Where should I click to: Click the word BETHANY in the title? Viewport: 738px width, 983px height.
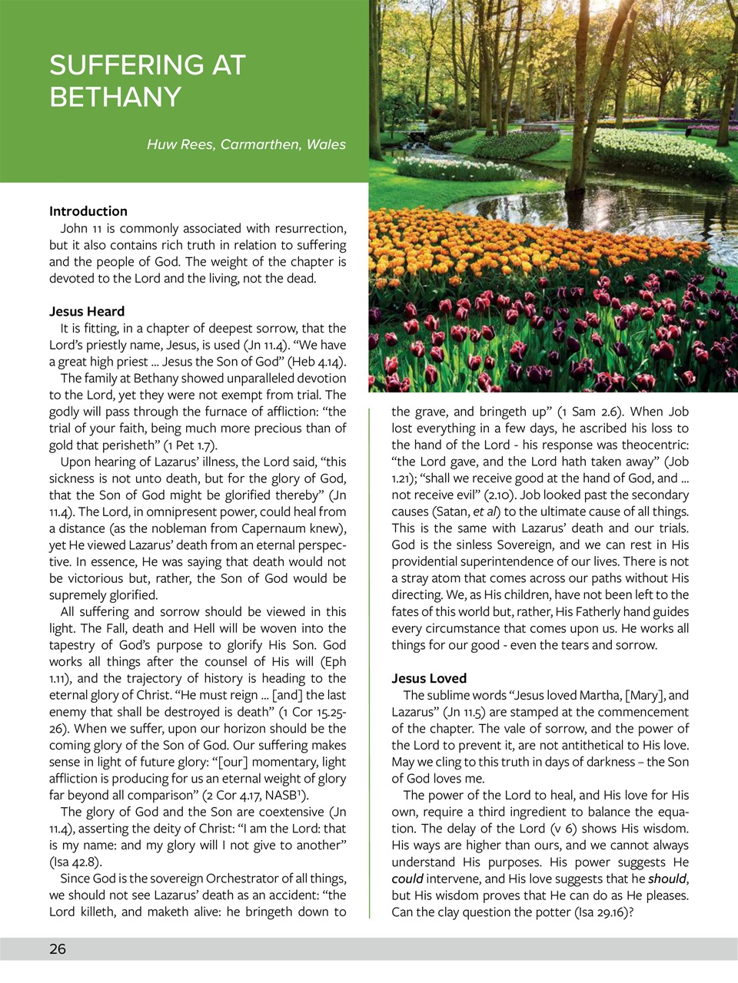point(115,98)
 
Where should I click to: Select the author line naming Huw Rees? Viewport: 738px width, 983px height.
point(246,144)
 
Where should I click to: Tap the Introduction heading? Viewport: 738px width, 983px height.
point(88,211)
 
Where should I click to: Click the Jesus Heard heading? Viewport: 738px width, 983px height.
point(87,311)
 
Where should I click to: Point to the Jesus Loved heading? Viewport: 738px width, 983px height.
point(429,678)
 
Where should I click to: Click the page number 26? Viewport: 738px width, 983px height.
point(58,949)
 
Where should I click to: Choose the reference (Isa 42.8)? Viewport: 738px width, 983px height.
point(75,862)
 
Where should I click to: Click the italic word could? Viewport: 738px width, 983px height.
point(407,879)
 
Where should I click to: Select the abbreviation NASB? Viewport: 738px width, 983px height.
point(281,796)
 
